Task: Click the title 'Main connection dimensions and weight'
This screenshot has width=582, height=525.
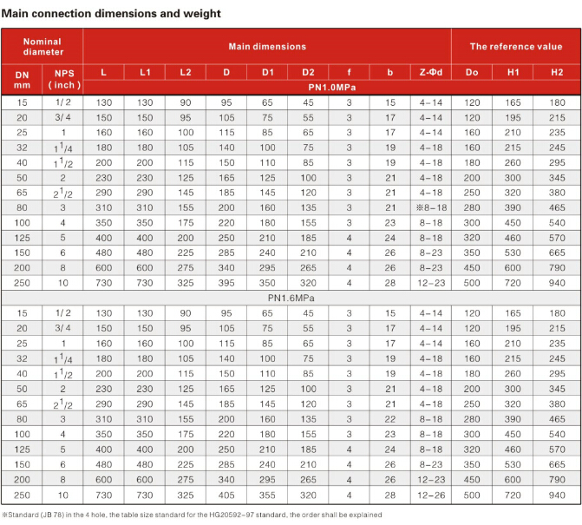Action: (111, 13)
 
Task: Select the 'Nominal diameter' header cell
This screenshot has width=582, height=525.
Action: (43, 47)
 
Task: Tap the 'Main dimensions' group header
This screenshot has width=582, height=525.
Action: (267, 46)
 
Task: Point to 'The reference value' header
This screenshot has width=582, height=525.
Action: (516, 46)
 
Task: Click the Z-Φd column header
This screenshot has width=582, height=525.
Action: (431, 72)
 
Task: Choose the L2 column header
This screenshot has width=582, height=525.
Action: (186, 72)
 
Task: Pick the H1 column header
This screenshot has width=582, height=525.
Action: (513, 72)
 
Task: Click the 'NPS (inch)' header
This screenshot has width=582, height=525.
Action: (64, 79)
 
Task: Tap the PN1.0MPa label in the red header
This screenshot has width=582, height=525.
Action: (332, 88)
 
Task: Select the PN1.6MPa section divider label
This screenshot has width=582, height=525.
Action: (291, 299)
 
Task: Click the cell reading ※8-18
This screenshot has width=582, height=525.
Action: (431, 207)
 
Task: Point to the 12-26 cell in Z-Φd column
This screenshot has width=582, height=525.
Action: (431, 495)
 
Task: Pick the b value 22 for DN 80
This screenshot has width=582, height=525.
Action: (390, 419)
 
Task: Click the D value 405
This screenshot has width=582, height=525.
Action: (226, 495)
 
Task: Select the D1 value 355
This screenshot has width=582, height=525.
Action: (267, 495)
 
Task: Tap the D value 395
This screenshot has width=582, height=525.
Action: (226, 283)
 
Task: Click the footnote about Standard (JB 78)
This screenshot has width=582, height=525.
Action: (192, 515)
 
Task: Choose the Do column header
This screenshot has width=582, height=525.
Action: (472, 72)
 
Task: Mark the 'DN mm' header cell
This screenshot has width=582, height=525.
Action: (22, 80)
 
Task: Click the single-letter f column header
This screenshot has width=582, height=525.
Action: (349, 72)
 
